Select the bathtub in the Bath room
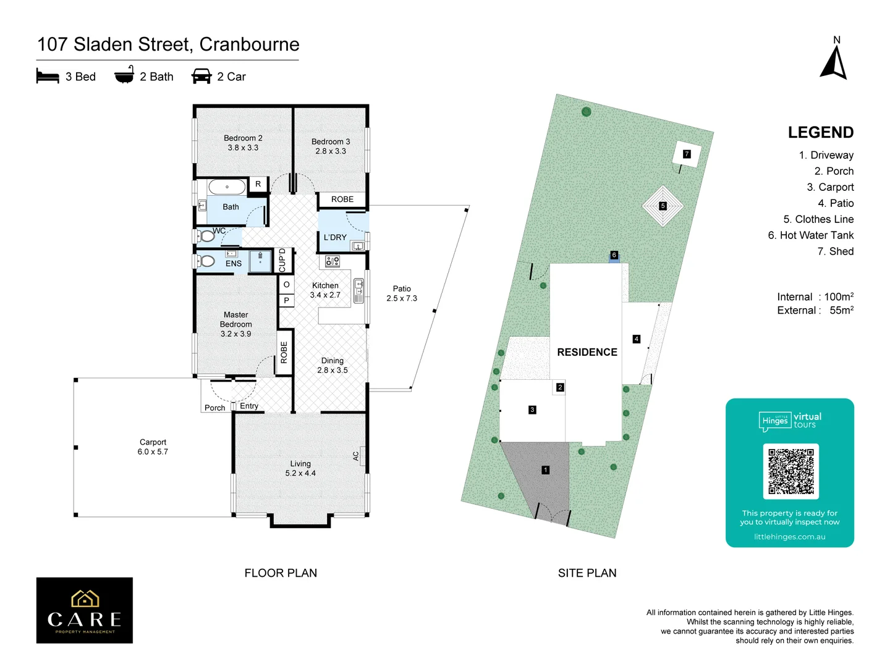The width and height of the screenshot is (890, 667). pyautogui.click(x=227, y=187)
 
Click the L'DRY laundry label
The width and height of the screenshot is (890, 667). pyautogui.click(x=335, y=237)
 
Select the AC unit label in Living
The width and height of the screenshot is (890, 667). pyautogui.click(x=356, y=456)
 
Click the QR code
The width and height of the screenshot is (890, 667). pyautogui.click(x=790, y=471)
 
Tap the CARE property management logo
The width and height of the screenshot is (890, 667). pyautogui.click(x=85, y=610)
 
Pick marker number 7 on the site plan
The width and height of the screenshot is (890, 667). pyautogui.click(x=687, y=154)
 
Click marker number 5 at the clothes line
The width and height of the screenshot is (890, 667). pyautogui.click(x=663, y=206)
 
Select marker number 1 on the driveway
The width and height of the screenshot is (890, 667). pyautogui.click(x=545, y=470)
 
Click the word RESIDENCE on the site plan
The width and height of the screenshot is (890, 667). pyautogui.click(x=587, y=352)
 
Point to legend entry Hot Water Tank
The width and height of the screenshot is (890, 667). pyautogui.click(x=810, y=235)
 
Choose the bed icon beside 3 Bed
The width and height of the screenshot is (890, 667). pyautogui.click(x=48, y=77)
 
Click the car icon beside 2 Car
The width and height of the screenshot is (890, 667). pyautogui.click(x=201, y=77)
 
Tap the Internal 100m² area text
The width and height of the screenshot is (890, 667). pyautogui.click(x=815, y=296)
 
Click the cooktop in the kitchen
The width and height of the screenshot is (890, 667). pyautogui.click(x=333, y=261)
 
